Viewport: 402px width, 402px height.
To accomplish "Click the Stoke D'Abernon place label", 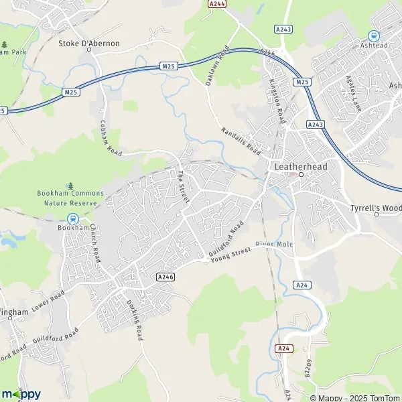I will pyautogui.click(x=89, y=44).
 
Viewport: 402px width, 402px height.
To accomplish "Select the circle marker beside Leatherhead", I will pyautogui.click(x=301, y=174).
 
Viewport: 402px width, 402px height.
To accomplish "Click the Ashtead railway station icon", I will pyautogui.click(x=373, y=36).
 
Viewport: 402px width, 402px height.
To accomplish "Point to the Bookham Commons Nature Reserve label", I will pyautogui.click(x=67, y=198).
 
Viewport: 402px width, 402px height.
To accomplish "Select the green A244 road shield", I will pyautogui.click(x=217, y=3).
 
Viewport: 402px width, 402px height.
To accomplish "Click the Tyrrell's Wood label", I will pyautogui.click(x=375, y=208).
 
